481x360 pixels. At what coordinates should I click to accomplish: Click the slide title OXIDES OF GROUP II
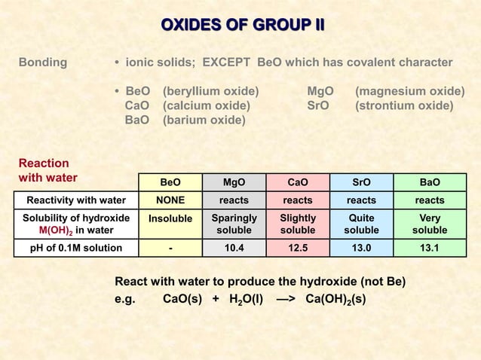point(242,26)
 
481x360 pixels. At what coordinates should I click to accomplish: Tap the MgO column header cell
point(234,182)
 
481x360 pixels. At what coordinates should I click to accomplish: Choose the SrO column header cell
point(361,182)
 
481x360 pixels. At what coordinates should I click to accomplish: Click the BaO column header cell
point(430,182)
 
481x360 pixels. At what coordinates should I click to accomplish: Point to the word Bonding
point(42,62)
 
